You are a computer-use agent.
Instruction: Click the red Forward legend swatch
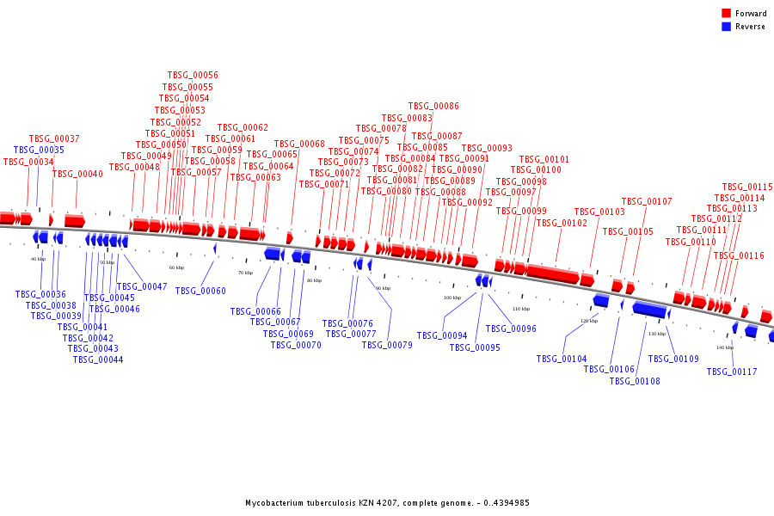tap(726, 14)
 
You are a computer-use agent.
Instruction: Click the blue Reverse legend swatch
tap(726, 27)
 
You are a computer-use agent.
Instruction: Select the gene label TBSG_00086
tap(433, 107)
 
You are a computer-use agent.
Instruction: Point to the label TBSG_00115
tap(747, 187)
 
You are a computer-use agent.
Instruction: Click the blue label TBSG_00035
tap(39, 150)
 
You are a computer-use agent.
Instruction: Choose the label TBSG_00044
tap(98, 360)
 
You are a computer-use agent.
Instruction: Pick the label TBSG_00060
tap(200, 292)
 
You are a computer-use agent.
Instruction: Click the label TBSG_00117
tap(732, 372)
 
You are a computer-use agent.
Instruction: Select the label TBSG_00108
tap(635, 381)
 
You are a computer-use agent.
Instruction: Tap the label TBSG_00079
tap(387, 345)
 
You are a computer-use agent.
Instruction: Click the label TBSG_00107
tap(647, 202)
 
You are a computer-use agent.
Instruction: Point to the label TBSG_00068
tap(299, 144)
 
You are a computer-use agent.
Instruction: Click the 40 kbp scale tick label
tap(38, 259)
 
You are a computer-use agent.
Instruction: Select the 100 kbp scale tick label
tap(451, 298)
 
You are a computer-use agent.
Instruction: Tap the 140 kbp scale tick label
tap(724, 347)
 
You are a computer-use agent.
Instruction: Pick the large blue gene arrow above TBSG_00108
tap(649, 309)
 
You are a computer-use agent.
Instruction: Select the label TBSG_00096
tap(511, 329)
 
